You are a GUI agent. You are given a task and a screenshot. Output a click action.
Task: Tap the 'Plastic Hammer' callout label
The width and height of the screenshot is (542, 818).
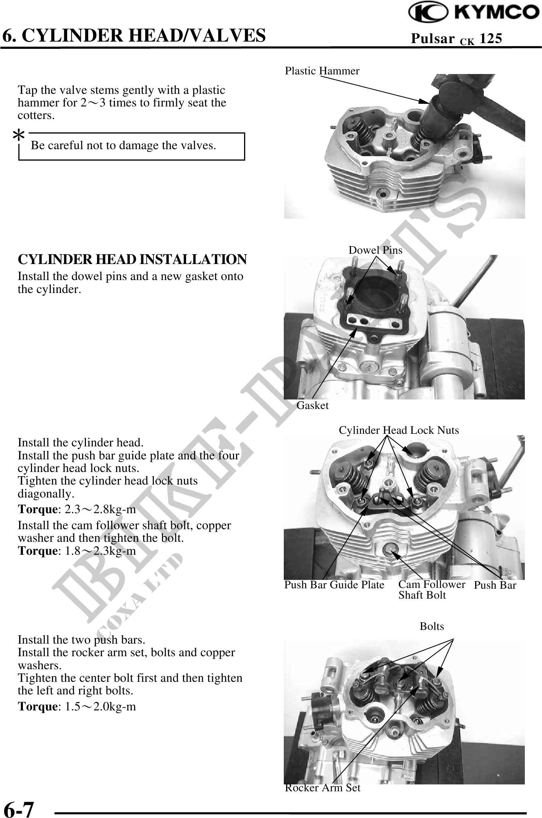pyautogui.click(x=322, y=71)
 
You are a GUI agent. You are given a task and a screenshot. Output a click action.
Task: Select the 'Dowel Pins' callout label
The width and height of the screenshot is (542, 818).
pyautogui.click(x=375, y=250)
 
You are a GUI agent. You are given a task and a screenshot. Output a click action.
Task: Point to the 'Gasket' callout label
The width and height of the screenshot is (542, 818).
pyautogui.click(x=312, y=406)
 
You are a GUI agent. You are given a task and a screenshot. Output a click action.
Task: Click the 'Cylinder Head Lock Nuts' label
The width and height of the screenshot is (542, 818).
pyautogui.click(x=399, y=430)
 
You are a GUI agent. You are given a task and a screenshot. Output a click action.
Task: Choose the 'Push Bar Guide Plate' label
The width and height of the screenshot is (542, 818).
pyautogui.click(x=334, y=585)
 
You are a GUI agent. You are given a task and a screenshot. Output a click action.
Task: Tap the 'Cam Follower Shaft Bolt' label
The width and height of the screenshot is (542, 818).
pyautogui.click(x=432, y=590)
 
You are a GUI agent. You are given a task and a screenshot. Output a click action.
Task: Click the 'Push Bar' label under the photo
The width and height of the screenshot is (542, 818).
pyautogui.click(x=495, y=585)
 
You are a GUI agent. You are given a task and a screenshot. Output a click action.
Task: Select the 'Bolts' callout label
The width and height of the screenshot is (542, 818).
pyautogui.click(x=432, y=626)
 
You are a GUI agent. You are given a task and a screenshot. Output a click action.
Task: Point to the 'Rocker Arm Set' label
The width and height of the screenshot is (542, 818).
pyautogui.click(x=323, y=788)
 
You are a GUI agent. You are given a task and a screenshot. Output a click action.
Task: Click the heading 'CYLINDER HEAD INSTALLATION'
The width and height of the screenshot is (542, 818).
pyautogui.click(x=132, y=259)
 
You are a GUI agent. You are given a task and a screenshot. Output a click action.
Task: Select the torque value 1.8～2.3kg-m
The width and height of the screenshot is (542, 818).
pyautogui.click(x=100, y=551)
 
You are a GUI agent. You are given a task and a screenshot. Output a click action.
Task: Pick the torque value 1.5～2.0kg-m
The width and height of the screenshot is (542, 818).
pyautogui.click(x=100, y=707)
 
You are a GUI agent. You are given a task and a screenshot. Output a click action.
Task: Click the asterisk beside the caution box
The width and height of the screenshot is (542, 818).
pyautogui.click(x=19, y=135)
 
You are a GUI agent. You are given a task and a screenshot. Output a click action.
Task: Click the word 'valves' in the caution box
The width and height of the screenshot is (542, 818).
pyautogui.click(x=198, y=145)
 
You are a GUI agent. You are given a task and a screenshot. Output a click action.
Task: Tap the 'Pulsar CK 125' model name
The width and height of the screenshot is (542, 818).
pyautogui.click(x=456, y=39)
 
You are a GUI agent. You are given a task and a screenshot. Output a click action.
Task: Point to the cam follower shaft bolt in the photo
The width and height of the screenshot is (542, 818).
pyautogui.click(x=390, y=549)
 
